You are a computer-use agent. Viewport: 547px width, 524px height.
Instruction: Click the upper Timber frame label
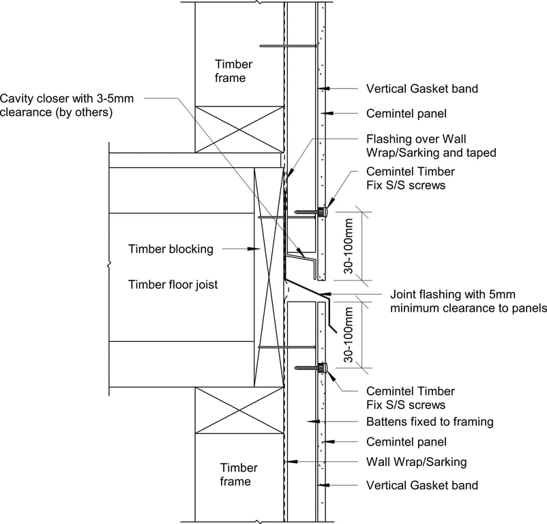click(233, 71)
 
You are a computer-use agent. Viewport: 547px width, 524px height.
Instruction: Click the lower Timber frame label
click(239, 475)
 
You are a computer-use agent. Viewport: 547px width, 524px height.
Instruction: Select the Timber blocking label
click(171, 249)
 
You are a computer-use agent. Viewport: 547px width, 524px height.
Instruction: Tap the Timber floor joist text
click(173, 285)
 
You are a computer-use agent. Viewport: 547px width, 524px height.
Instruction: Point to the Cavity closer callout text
click(67, 105)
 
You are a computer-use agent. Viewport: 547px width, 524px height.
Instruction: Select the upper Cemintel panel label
click(406, 113)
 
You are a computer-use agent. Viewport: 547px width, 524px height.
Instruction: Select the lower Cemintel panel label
click(406, 442)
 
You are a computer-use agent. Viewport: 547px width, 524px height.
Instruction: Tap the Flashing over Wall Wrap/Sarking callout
click(431, 145)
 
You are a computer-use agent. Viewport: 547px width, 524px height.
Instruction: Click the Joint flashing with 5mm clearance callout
click(468, 302)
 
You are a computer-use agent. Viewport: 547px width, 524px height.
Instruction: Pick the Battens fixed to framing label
click(430, 422)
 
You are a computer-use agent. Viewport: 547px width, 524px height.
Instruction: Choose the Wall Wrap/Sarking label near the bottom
click(417, 462)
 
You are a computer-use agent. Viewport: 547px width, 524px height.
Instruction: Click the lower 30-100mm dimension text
click(349, 334)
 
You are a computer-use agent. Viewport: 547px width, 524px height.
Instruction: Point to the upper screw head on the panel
click(324, 213)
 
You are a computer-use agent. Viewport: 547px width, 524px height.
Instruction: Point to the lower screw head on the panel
click(323, 368)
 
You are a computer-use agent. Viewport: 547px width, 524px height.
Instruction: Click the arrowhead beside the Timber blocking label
click(248, 249)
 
